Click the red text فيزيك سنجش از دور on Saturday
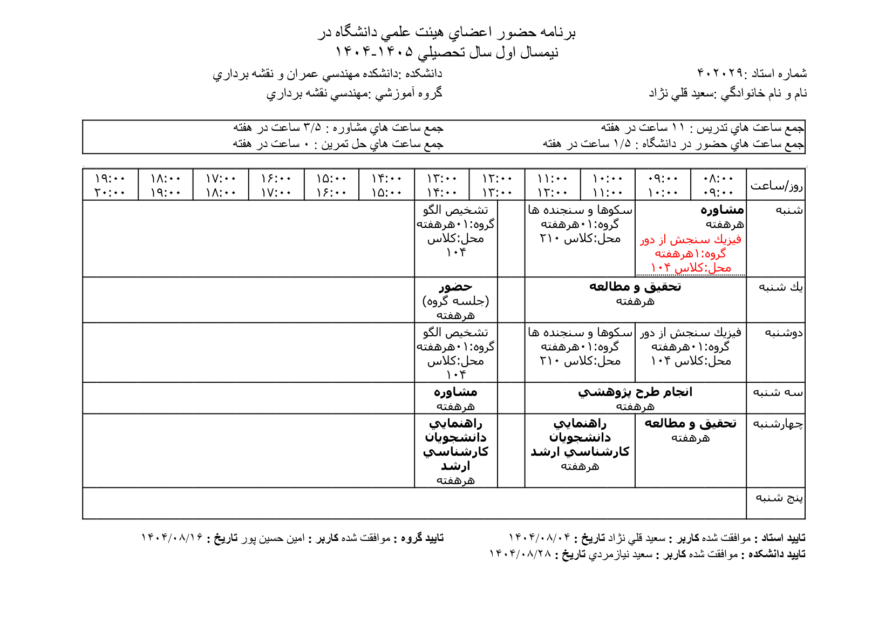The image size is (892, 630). click(x=691, y=240)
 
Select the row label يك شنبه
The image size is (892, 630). click(x=780, y=287)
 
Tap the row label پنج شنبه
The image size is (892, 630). click(x=779, y=498)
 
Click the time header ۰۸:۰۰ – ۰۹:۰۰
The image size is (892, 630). click(x=718, y=185)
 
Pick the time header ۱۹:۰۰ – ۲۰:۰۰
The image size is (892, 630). click(x=110, y=185)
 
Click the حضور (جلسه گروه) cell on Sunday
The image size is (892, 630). click(x=455, y=300)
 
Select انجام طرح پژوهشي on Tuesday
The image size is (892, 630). click(x=635, y=392)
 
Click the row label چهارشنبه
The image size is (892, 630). click(x=778, y=424)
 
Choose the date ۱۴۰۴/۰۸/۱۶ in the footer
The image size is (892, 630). click(x=172, y=538)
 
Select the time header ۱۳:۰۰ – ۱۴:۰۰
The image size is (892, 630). click(x=442, y=185)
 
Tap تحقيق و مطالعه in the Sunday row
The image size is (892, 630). click(x=635, y=287)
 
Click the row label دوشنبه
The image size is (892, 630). click(x=784, y=333)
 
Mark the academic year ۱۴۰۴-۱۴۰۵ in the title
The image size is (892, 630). click(x=374, y=52)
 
